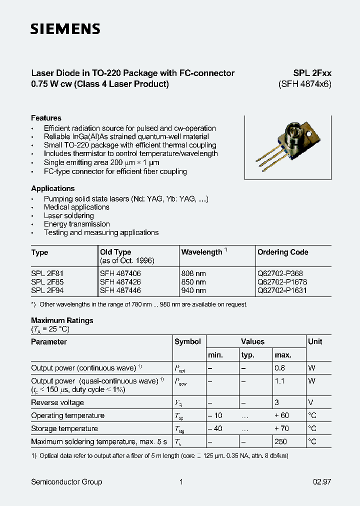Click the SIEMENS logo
click(65, 29)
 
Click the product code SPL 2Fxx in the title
click(312, 73)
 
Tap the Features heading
click(46, 118)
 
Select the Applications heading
click(52, 188)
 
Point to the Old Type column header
click(115, 252)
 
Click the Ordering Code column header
click(282, 252)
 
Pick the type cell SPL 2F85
click(47, 282)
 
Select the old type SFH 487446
click(120, 290)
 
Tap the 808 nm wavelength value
click(193, 273)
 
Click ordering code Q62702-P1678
click(282, 282)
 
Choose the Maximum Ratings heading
click(62, 320)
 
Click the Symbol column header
click(187, 341)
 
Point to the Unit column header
click(315, 341)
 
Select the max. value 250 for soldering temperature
click(281, 441)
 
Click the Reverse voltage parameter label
click(57, 402)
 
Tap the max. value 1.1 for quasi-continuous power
click(279, 381)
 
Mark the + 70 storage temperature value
click(282, 428)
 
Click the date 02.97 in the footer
click(322, 482)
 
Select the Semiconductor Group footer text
click(66, 482)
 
